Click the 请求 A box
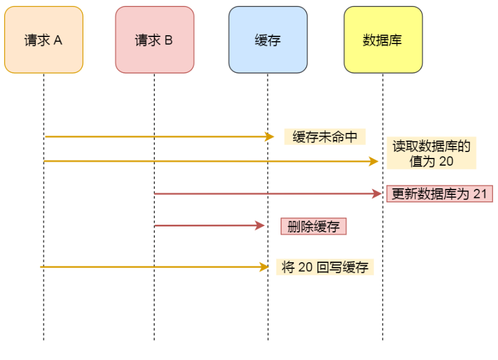point(43,40)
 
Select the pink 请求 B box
point(154,40)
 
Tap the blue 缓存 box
point(267,40)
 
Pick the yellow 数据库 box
point(382,40)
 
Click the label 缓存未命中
point(325,137)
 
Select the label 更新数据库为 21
point(440,194)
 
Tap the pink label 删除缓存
point(313,226)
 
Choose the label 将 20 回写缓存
point(325,268)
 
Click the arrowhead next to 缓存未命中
point(270,137)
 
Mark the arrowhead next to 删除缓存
point(260,226)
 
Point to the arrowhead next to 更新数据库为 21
point(376,194)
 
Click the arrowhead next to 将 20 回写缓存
point(265,267)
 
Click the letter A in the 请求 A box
point(58,41)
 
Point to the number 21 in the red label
point(480,194)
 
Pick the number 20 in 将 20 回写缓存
point(306,268)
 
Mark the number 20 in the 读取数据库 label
point(447,161)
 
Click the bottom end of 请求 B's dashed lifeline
point(154,340)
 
